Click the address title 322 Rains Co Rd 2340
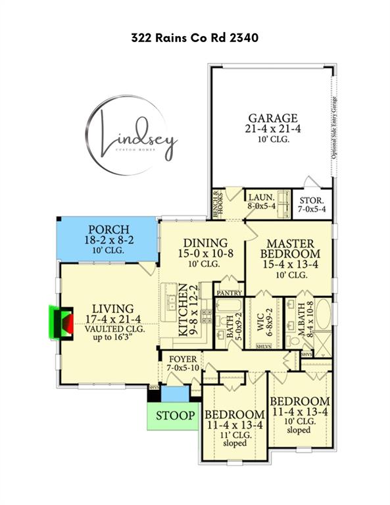195,38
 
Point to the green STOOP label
175,416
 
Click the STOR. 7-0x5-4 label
312,203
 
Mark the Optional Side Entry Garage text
334,126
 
